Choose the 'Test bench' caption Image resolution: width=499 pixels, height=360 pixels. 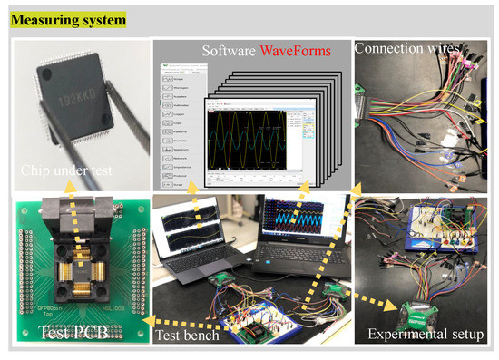(187, 334)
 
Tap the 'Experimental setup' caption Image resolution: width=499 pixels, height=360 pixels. (426, 335)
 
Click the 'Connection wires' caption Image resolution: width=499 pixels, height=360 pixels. (405, 47)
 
